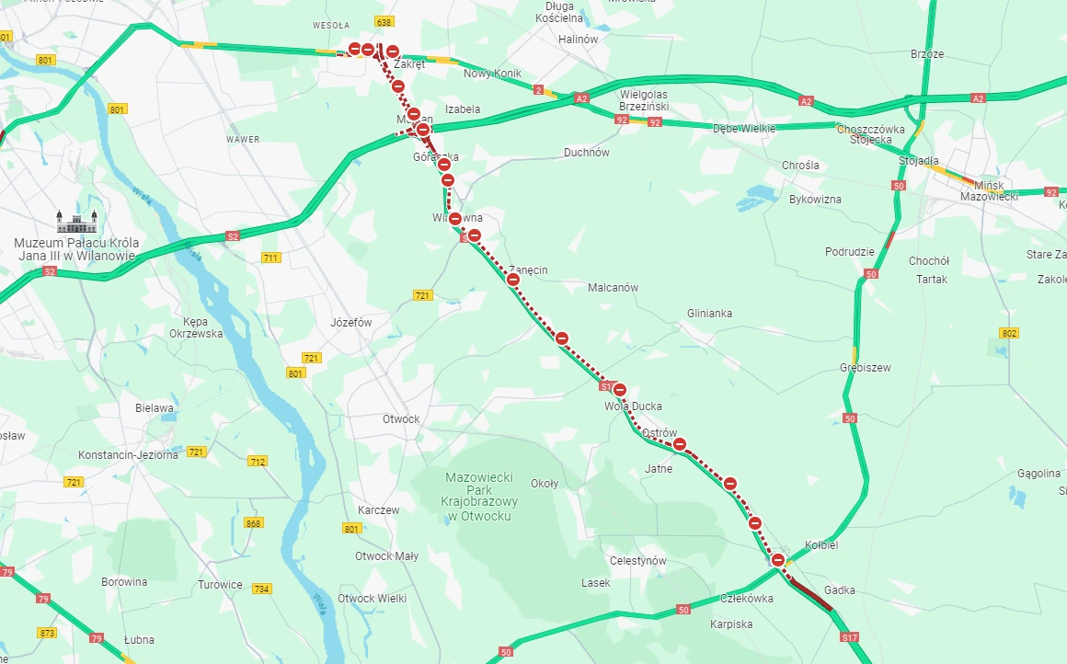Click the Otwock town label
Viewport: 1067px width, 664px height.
pyautogui.click(x=401, y=419)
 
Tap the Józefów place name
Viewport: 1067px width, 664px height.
pyautogui.click(x=350, y=323)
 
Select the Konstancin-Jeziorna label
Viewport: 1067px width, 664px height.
pyautogui.click(x=128, y=455)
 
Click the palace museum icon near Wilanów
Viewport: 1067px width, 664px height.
pyautogui.click(x=75, y=222)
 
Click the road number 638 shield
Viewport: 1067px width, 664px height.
pyautogui.click(x=385, y=21)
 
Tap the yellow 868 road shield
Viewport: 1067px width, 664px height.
pyautogui.click(x=254, y=523)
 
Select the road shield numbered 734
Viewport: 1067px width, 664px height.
pyautogui.click(x=262, y=589)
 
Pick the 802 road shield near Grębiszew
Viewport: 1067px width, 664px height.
pyautogui.click(x=1009, y=333)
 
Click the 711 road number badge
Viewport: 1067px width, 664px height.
pyautogui.click(x=270, y=258)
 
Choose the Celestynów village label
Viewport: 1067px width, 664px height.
pyautogui.click(x=637, y=561)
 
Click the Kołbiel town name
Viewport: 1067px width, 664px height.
pyautogui.click(x=821, y=545)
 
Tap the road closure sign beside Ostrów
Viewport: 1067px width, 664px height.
pyautogui.click(x=680, y=444)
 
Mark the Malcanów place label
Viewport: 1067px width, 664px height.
pyautogui.click(x=613, y=288)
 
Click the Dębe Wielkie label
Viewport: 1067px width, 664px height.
pyautogui.click(x=744, y=129)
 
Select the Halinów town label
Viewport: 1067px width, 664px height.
pyautogui.click(x=579, y=40)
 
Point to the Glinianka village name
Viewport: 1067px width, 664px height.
pyautogui.click(x=709, y=314)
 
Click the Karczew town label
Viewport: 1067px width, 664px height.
pyautogui.click(x=378, y=510)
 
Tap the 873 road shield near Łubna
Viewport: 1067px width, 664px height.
pyautogui.click(x=48, y=633)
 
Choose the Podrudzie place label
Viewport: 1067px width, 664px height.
pyautogui.click(x=849, y=252)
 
